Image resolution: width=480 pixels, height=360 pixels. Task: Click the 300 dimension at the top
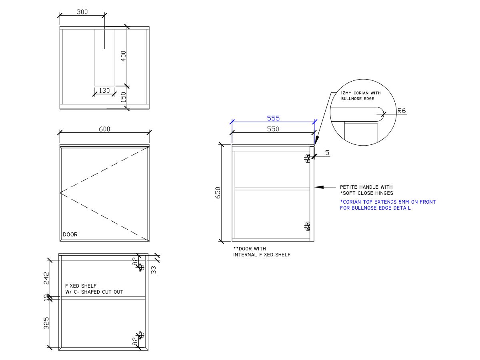tap(82, 12)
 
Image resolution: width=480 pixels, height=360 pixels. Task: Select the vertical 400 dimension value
tap(124, 56)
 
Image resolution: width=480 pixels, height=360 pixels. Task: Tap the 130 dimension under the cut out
tap(104, 90)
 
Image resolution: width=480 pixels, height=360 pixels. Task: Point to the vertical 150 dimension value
tap(124, 97)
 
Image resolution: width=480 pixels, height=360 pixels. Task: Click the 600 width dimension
tap(104, 129)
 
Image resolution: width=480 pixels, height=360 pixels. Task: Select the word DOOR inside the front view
tap(70, 235)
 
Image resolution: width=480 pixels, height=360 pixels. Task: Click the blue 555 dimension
tap(273, 118)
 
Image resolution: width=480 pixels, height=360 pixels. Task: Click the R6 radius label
tap(402, 111)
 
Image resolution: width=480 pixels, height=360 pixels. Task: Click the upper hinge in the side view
tap(308, 159)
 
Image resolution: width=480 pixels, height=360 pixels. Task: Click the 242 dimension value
tap(46, 278)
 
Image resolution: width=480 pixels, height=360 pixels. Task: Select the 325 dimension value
tap(46, 323)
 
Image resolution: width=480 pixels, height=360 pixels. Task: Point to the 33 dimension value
tap(153, 270)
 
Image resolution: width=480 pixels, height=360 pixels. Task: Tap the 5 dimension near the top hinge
tap(327, 153)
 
